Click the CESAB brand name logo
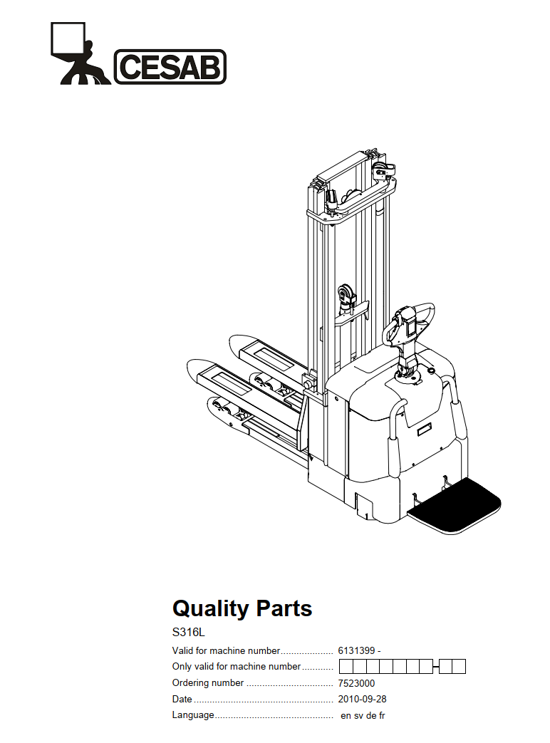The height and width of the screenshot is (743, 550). (x=170, y=67)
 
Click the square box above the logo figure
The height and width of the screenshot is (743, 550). (x=68, y=38)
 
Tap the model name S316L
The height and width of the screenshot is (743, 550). (x=189, y=632)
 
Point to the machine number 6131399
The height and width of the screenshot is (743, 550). (x=356, y=650)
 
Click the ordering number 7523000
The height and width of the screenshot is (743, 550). (x=356, y=683)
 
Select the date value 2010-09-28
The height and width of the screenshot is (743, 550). (x=362, y=699)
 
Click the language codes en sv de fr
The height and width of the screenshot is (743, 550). (x=363, y=715)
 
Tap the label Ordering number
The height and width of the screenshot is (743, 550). (x=208, y=683)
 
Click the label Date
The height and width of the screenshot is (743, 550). (x=182, y=699)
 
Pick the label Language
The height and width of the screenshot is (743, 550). (x=193, y=715)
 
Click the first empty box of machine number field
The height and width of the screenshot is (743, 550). (x=346, y=667)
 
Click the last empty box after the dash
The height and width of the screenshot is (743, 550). (x=459, y=667)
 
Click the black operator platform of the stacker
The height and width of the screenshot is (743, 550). (x=454, y=505)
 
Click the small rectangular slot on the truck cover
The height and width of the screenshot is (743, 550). (x=425, y=430)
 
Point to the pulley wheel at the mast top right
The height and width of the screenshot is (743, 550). (x=384, y=172)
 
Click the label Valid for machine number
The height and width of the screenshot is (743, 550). (x=227, y=650)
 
